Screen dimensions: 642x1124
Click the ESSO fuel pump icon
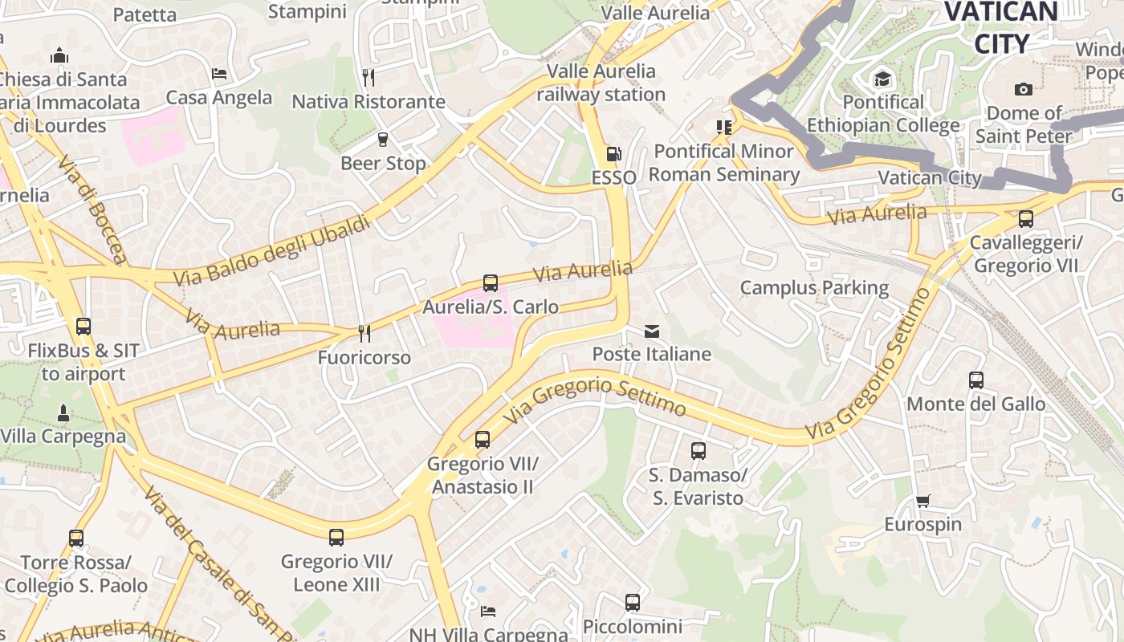pyautogui.click(x=613, y=152)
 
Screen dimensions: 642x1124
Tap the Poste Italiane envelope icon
pyautogui.click(x=651, y=331)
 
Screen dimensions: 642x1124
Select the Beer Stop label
pyautogui.click(x=383, y=163)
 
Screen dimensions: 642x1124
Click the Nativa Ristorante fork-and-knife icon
pyautogui.click(x=369, y=77)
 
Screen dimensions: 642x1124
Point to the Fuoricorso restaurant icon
pyautogui.click(x=364, y=333)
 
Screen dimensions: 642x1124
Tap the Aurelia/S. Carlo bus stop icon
pyautogui.click(x=491, y=282)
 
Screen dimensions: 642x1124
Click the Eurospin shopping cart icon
pyautogui.click(x=922, y=502)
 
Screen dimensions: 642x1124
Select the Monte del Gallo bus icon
pyautogui.click(x=975, y=380)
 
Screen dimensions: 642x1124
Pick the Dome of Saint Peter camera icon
pyautogui.click(x=1023, y=89)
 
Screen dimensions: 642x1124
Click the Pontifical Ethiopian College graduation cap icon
pyautogui.click(x=883, y=79)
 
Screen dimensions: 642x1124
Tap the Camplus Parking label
pyautogui.click(x=814, y=287)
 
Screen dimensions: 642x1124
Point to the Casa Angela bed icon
pyautogui.click(x=219, y=74)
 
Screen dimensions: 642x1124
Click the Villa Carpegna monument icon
pyautogui.click(x=63, y=413)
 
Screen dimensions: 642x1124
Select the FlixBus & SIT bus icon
pyautogui.click(x=83, y=327)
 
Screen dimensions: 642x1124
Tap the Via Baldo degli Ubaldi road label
pyautogui.click(x=273, y=250)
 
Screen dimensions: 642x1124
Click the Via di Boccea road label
pyautogui.click(x=92, y=209)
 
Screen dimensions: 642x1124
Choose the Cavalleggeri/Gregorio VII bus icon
pyautogui.click(x=1025, y=218)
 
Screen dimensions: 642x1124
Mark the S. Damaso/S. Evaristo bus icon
pyautogui.click(x=698, y=451)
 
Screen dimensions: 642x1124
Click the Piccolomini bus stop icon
pyautogui.click(x=633, y=602)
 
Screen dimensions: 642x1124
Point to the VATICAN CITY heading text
pyautogui.click(x=1001, y=27)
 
